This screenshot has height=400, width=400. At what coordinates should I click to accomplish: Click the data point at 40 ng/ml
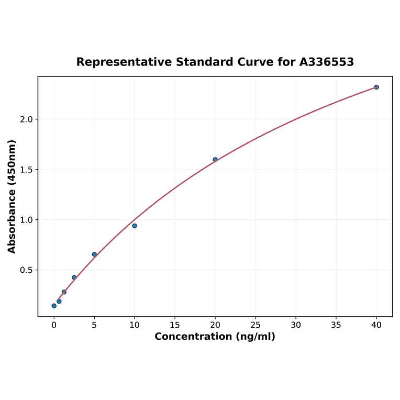click(x=376, y=87)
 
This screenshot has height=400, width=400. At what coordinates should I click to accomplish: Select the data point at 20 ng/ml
click(x=215, y=159)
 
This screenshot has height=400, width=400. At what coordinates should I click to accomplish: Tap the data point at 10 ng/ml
click(x=135, y=226)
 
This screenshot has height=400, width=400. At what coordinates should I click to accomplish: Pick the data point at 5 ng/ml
click(x=94, y=254)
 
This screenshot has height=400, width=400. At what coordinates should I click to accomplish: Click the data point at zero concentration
click(x=54, y=306)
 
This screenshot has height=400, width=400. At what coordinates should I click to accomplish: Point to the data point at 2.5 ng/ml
click(x=74, y=277)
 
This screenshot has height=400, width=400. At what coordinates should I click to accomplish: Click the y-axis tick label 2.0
click(x=26, y=119)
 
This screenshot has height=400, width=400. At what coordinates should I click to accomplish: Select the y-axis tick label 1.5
click(x=26, y=170)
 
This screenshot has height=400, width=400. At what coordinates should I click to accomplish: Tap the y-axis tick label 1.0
click(x=26, y=220)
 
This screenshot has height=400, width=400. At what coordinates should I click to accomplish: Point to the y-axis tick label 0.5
click(x=26, y=270)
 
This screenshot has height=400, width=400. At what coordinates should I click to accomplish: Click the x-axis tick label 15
click(x=175, y=325)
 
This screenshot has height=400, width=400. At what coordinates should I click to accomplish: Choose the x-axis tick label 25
click(x=255, y=325)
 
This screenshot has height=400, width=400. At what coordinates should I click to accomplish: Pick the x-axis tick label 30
click(x=296, y=325)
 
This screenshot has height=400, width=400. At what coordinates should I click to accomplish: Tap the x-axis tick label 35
click(x=336, y=325)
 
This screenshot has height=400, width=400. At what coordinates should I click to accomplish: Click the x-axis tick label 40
click(x=376, y=325)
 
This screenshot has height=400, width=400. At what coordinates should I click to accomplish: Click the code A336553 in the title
click(x=327, y=62)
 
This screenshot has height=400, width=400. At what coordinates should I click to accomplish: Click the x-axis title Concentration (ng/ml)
click(x=215, y=336)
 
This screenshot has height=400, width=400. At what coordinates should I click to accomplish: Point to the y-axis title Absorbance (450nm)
click(x=12, y=196)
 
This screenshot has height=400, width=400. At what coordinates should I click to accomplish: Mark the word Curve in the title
click(x=254, y=62)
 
